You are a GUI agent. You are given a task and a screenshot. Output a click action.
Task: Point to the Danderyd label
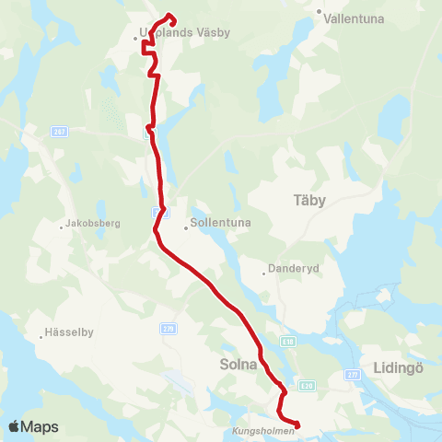pyautogui.click(x=292, y=270)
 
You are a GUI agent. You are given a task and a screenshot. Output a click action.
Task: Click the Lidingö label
pyautogui.click(x=399, y=366)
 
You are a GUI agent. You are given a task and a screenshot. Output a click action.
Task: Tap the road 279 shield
pyautogui.click(x=168, y=328)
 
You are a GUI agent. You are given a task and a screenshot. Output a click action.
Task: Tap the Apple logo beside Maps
pyautogui.click(x=15, y=426)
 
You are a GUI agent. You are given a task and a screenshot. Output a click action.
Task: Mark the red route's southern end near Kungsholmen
pyautogui.click(x=297, y=425)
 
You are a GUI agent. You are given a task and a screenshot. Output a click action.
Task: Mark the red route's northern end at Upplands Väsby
pyautogui.click(x=170, y=16)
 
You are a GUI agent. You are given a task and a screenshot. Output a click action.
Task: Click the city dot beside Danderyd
pyautogui.click(x=264, y=271)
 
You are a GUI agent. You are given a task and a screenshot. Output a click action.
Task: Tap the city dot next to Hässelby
pyautogui.click(x=41, y=335)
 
